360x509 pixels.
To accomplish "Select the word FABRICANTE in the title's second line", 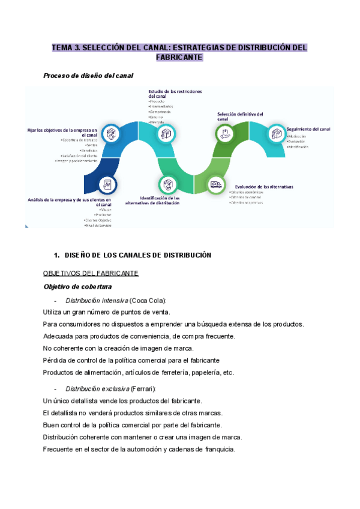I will coord(179,58).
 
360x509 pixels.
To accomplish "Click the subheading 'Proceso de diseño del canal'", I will coord(88,76).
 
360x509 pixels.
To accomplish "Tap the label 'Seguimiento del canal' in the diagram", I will coord(308,128).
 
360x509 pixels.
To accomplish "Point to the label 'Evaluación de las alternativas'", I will coord(264,187).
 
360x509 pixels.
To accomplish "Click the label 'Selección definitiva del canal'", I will coord(240,116).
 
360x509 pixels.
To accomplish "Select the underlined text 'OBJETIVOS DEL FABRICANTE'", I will coord(91,274).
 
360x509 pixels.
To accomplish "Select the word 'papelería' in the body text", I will coord(200,372).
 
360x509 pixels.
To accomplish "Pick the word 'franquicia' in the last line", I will coord(216,450).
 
